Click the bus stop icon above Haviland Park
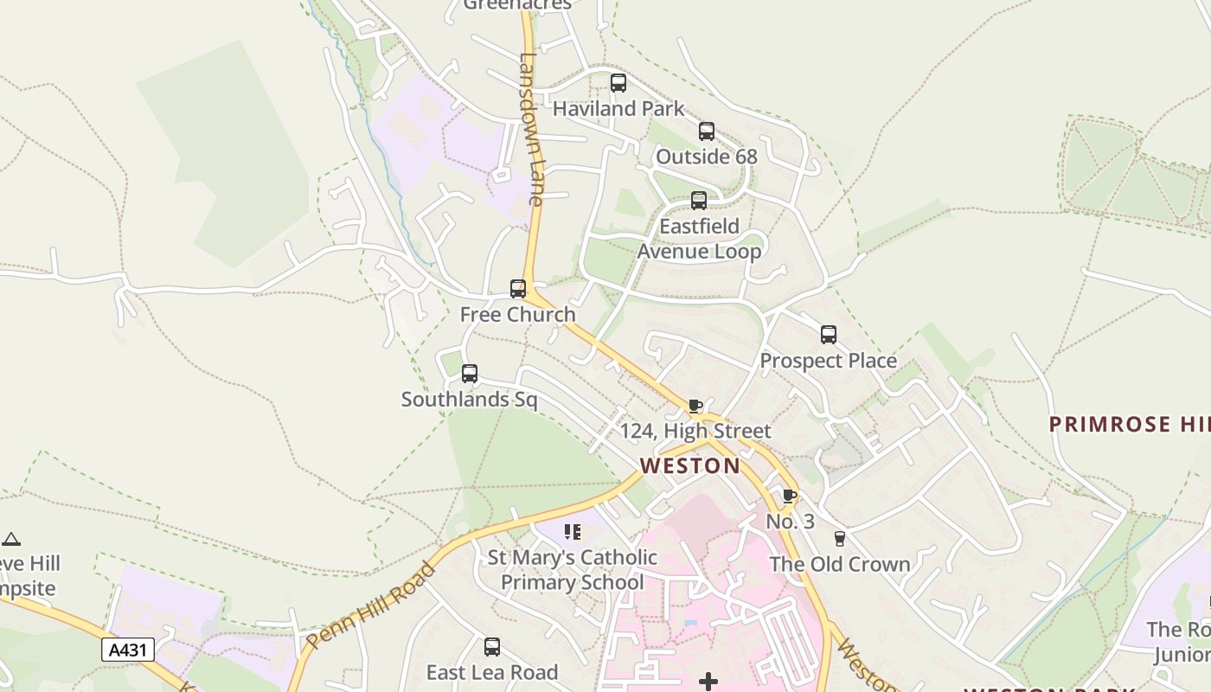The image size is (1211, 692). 618,83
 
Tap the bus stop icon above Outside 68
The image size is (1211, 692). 706,131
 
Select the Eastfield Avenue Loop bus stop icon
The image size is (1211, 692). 698,201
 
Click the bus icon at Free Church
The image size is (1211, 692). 517,289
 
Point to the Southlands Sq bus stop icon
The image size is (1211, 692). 469,374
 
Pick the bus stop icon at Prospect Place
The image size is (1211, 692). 828,335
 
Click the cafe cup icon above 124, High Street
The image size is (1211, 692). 695,406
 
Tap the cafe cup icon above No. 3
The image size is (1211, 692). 789,496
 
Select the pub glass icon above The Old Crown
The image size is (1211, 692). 838,538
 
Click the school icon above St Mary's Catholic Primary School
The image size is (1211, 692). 572,531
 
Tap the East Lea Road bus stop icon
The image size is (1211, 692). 491,646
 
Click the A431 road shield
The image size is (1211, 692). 128,650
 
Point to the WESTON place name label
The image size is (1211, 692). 689,466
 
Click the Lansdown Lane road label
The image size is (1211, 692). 530,130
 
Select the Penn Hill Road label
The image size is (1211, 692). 369,606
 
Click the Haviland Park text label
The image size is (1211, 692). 618,109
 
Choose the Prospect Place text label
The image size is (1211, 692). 828,361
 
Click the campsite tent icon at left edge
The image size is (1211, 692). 10,540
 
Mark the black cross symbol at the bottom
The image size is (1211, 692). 708,682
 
